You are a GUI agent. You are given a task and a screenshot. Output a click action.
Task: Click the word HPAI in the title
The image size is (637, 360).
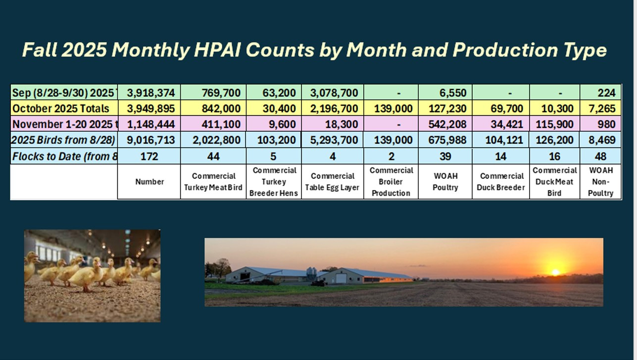[x=214, y=50]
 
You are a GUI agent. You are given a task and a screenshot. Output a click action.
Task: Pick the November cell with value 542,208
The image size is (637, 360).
[x=444, y=124]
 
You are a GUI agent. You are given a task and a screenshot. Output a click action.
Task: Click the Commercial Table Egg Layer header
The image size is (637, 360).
[x=333, y=182]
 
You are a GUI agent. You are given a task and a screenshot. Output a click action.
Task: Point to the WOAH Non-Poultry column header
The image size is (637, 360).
[x=600, y=182]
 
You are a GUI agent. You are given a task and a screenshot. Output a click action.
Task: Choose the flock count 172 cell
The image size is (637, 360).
[x=149, y=156]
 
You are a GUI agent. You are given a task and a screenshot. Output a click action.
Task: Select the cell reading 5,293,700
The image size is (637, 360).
[x=333, y=140]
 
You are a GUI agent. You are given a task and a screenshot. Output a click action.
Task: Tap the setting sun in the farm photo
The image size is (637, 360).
[x=555, y=272]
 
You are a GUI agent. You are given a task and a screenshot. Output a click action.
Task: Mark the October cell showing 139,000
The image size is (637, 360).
[x=391, y=108]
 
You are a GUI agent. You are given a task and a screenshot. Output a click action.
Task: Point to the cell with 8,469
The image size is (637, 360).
[x=602, y=140]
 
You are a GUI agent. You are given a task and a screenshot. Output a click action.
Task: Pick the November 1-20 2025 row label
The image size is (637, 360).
[x=63, y=124]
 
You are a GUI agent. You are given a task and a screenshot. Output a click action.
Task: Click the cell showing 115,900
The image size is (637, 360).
[x=554, y=124]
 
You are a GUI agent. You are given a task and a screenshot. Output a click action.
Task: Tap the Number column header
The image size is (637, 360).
[x=149, y=182]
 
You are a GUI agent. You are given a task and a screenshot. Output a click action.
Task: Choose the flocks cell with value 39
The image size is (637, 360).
[x=444, y=156]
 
